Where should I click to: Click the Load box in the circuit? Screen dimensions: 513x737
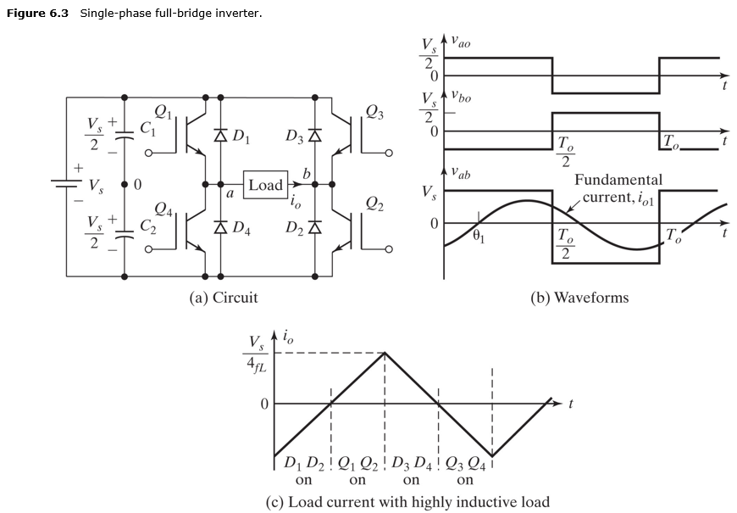pyautogui.click(x=265, y=185)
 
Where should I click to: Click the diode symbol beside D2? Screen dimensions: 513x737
pyautogui.click(x=315, y=226)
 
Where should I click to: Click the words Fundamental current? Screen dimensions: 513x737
pyautogui.click(x=618, y=188)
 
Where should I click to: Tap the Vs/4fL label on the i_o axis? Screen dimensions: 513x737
pyautogui.click(x=255, y=355)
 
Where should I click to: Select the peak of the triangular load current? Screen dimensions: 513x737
pyautogui.click(x=385, y=353)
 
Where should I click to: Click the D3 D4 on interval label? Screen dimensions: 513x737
pyautogui.click(x=411, y=471)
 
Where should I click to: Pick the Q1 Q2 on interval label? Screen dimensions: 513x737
pyautogui.click(x=357, y=471)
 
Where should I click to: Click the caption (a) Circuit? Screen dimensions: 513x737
pyautogui.click(x=224, y=297)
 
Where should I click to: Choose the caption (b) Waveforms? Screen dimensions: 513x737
pyautogui.click(x=579, y=297)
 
